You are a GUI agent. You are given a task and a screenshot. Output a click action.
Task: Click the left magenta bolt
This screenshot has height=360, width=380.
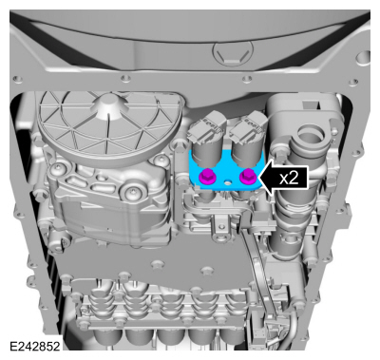click(206, 176)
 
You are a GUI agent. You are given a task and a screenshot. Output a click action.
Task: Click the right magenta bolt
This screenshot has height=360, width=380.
click(247, 176)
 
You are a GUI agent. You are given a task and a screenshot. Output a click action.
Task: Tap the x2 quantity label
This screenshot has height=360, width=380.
click(289, 179)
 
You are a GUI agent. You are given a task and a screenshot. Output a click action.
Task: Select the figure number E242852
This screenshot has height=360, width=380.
click(34, 346)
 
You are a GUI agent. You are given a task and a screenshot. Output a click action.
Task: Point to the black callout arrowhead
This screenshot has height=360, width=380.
click(267, 178)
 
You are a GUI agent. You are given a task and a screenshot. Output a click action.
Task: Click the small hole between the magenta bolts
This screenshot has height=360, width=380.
click(227, 183)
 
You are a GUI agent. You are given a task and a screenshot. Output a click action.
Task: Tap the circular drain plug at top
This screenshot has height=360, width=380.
click(234, 53)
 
